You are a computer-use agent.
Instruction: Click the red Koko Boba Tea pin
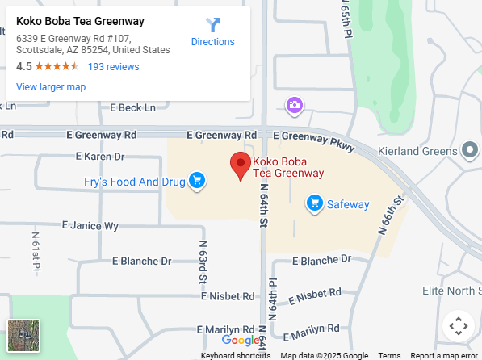pos(240,165)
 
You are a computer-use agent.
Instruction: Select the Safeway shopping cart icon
pos(315,203)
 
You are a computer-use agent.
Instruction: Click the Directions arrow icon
pos(213,25)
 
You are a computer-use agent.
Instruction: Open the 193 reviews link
pos(113,66)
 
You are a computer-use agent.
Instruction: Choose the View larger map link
pos(51,86)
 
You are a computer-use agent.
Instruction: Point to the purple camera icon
pos(295,105)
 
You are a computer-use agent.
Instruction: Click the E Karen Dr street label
pos(100,156)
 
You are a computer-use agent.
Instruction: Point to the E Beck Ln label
pos(132,107)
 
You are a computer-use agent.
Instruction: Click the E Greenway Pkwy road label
pos(313,138)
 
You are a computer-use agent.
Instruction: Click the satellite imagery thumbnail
pos(23,335)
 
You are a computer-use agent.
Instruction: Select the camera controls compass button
pos(458,326)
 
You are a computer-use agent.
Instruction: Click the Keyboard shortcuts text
pos(235,355)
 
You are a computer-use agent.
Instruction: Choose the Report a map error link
pos(444,355)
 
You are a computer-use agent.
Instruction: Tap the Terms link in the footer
pos(389,355)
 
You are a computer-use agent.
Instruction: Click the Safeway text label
pos(348,204)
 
